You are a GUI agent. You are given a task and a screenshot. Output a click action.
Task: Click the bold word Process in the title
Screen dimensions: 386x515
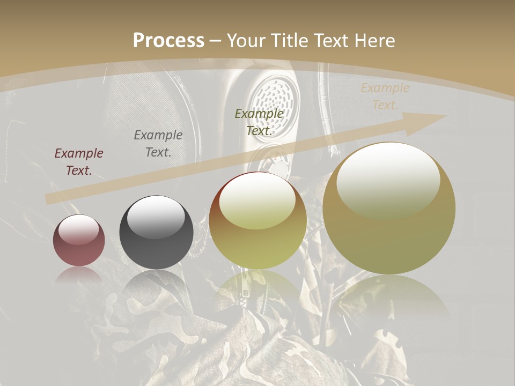168,41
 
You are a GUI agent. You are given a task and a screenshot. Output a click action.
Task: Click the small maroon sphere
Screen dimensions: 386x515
79,241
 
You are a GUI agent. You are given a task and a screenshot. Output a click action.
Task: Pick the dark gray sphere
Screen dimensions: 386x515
156,234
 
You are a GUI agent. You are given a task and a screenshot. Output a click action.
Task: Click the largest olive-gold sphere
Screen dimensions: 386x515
389,209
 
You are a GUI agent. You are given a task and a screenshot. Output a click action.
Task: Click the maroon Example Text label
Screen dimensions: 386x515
79,162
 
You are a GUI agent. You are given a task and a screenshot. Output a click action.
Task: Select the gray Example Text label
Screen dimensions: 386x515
158,144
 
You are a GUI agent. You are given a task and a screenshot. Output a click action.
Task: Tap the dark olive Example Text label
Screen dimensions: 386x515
259,122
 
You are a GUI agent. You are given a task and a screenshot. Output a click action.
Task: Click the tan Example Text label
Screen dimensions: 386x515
385,96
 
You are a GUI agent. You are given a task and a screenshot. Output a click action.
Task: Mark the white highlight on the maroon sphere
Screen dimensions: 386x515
79,229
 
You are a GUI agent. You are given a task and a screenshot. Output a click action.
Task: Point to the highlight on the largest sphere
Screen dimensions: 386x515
388,180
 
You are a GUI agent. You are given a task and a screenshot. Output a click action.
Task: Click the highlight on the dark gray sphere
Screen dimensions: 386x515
156,216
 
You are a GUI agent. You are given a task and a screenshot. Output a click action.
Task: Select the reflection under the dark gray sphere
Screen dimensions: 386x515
156,284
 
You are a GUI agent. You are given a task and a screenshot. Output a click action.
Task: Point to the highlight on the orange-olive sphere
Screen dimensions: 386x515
257,200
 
